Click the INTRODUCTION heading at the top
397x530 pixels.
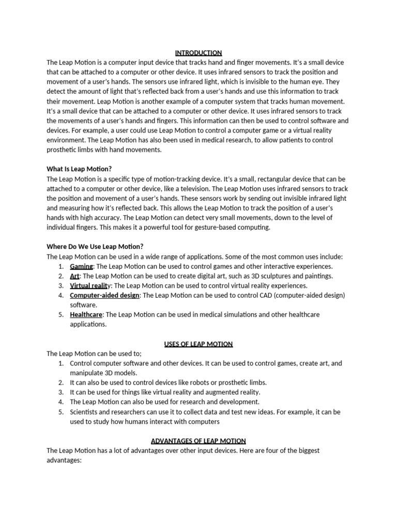point(198,53)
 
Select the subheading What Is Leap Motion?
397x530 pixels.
point(79,169)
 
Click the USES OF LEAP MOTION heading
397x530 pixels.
point(198,344)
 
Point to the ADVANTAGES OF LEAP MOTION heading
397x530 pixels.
point(198,441)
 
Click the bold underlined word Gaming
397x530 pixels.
point(81,266)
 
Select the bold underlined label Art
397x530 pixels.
point(74,276)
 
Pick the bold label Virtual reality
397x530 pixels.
point(90,286)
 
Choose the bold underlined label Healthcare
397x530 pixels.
point(86,315)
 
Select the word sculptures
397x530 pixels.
point(273,276)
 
